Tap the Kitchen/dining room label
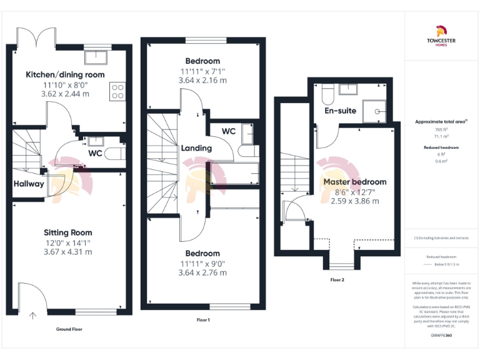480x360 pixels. [65, 75]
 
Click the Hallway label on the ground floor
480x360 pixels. [29, 184]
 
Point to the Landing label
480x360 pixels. [196, 149]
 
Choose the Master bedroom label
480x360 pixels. [354, 182]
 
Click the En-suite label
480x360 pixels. [341, 111]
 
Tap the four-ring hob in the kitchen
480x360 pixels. [117, 92]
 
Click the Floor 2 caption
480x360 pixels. [337, 280]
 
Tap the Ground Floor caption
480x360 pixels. [69, 329]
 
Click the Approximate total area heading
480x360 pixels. [442, 122]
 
